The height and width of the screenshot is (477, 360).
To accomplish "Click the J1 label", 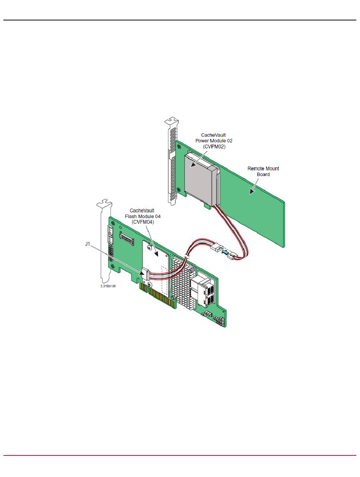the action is tap(87, 244).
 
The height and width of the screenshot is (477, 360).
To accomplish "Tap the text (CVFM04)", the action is tap(142, 222).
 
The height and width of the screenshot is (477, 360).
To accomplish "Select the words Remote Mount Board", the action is tap(263, 171).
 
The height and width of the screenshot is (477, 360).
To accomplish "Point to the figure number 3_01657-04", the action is tap(108, 286).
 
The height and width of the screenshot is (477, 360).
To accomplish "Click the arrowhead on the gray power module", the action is tap(193, 165).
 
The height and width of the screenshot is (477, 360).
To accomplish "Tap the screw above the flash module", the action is tap(150, 248).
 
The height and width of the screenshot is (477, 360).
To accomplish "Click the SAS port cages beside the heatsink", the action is tap(205, 291).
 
